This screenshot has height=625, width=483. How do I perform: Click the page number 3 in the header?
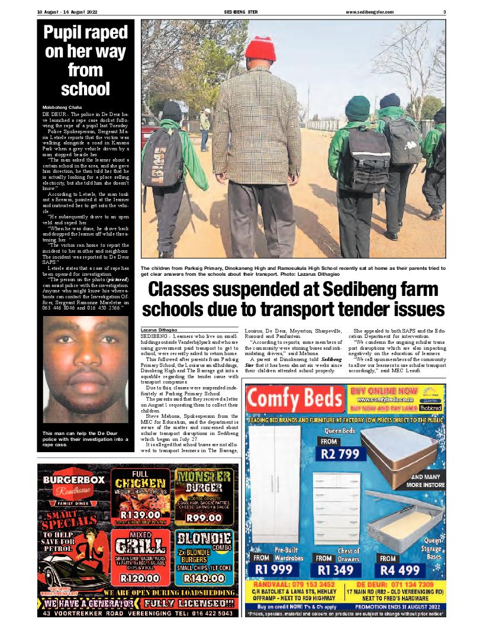click(x=444, y=12)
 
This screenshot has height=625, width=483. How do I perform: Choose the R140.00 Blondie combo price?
click(x=204, y=578)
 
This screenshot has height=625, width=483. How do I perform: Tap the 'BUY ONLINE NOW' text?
click(x=383, y=391)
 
